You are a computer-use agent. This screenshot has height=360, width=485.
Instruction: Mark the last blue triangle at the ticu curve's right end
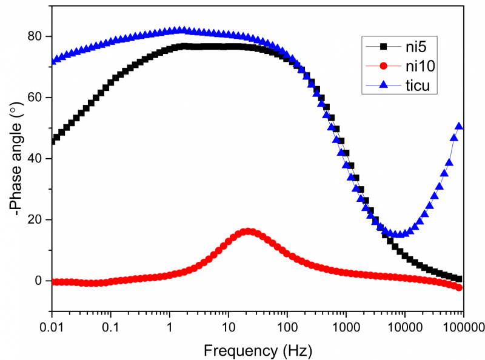tap(459, 126)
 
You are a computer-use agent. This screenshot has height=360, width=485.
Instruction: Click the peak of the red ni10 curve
tap(247, 232)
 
